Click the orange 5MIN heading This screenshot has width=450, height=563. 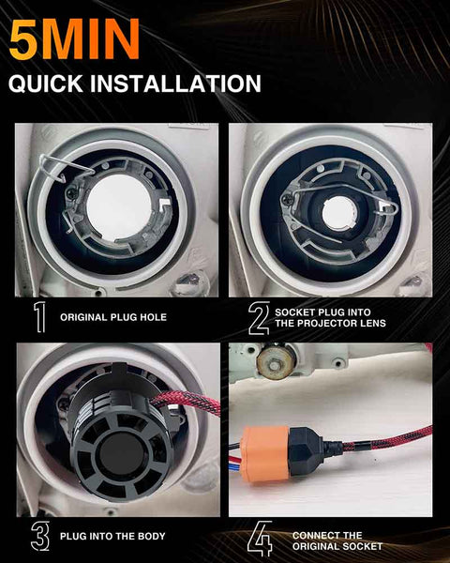(x=74, y=38)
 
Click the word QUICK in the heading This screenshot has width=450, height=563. (x=46, y=84)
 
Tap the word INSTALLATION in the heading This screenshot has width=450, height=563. (x=175, y=84)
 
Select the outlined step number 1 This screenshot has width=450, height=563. (x=39, y=317)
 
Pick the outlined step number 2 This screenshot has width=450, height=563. (x=259, y=318)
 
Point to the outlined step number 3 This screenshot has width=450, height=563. (x=39, y=536)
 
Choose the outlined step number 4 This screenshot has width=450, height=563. (x=260, y=539)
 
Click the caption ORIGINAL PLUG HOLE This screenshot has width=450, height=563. (x=113, y=317)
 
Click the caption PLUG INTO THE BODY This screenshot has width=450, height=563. (x=112, y=536)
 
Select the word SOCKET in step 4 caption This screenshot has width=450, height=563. (x=361, y=546)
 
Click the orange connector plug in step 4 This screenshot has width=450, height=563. (x=265, y=453)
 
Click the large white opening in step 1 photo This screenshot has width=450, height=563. (x=119, y=207)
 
